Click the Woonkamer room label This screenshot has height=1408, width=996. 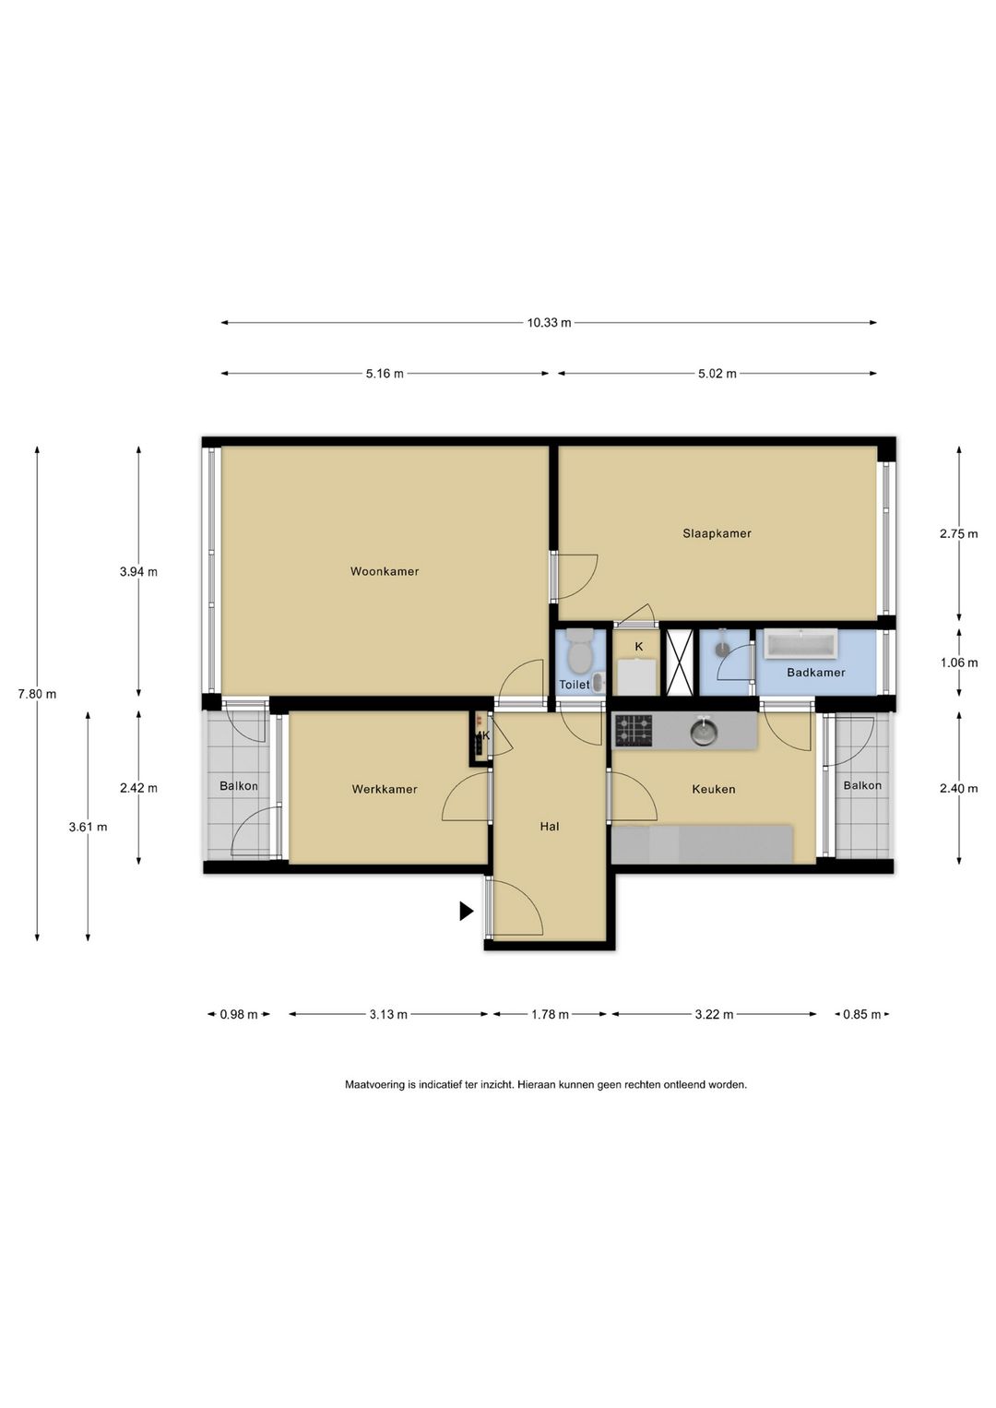pyautogui.click(x=384, y=571)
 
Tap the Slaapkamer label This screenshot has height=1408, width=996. pyautogui.click(x=717, y=533)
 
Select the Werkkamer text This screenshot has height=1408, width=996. pyautogui.click(x=384, y=790)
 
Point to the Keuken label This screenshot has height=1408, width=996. pyautogui.click(x=713, y=790)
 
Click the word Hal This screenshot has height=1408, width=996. pyautogui.click(x=550, y=827)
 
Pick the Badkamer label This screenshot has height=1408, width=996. pyautogui.click(x=815, y=673)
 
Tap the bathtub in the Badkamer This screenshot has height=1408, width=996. pyautogui.click(x=800, y=644)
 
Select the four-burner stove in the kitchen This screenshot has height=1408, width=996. pyautogui.click(x=634, y=731)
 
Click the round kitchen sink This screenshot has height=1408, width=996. pyautogui.click(x=704, y=731)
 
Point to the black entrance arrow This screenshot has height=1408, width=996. pyautogui.click(x=466, y=911)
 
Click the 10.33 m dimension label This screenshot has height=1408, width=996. pyautogui.click(x=549, y=323)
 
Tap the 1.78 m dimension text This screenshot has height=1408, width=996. pyautogui.click(x=550, y=1015)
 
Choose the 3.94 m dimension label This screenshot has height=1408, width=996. pyautogui.click(x=139, y=572)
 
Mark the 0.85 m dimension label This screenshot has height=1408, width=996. pyautogui.click(x=862, y=1015)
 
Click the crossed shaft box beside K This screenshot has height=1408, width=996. pyautogui.click(x=680, y=662)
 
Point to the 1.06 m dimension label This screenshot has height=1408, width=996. pyautogui.click(x=959, y=662)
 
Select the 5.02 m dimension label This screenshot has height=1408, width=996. pyautogui.click(x=717, y=374)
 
